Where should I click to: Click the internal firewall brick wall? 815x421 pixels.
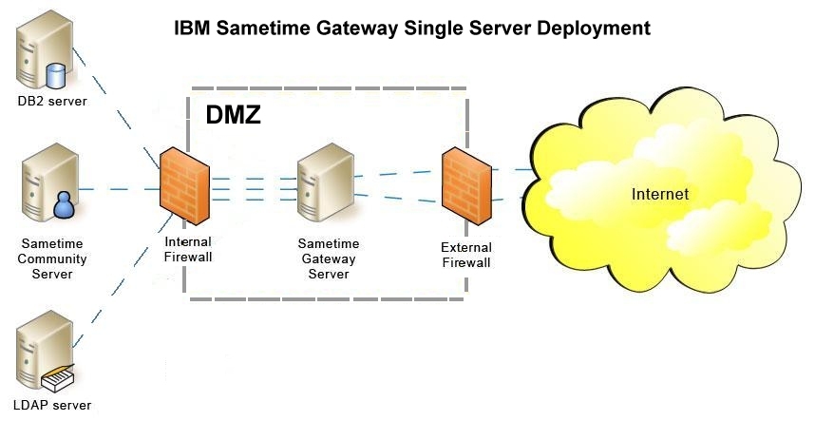(x=184, y=186)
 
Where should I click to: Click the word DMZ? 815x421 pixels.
(x=233, y=115)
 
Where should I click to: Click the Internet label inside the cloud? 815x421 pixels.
(x=659, y=194)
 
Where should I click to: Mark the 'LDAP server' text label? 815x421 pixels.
(x=54, y=406)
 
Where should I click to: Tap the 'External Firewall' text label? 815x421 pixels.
(x=465, y=255)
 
